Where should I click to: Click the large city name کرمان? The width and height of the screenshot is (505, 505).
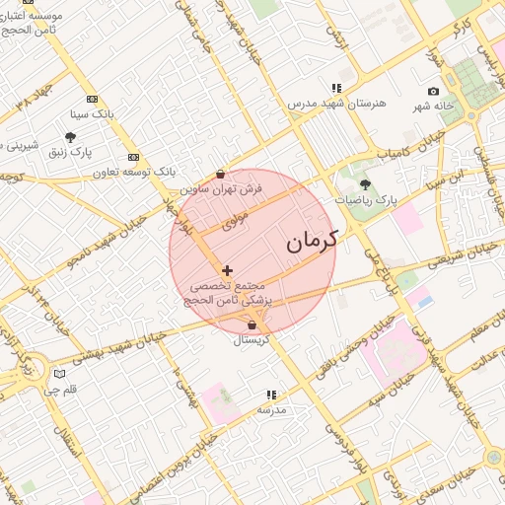[312, 240]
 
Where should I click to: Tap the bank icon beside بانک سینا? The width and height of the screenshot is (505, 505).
[93, 99]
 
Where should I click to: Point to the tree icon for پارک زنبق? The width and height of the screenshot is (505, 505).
[71, 137]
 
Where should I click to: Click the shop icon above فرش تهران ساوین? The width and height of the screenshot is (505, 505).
[220, 174]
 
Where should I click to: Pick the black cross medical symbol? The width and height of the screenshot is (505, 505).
[228, 269]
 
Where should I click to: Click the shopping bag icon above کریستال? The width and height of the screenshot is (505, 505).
[252, 325]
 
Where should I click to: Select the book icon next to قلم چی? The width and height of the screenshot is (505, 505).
[59, 374]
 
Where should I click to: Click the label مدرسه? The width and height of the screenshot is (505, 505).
[271, 409]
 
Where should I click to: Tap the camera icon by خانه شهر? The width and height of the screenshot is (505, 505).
[433, 92]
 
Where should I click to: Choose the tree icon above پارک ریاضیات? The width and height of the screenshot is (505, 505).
[365, 184]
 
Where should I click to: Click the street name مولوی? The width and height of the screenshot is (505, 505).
[235, 225]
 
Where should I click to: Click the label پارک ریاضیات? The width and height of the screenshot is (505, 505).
[365, 199]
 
